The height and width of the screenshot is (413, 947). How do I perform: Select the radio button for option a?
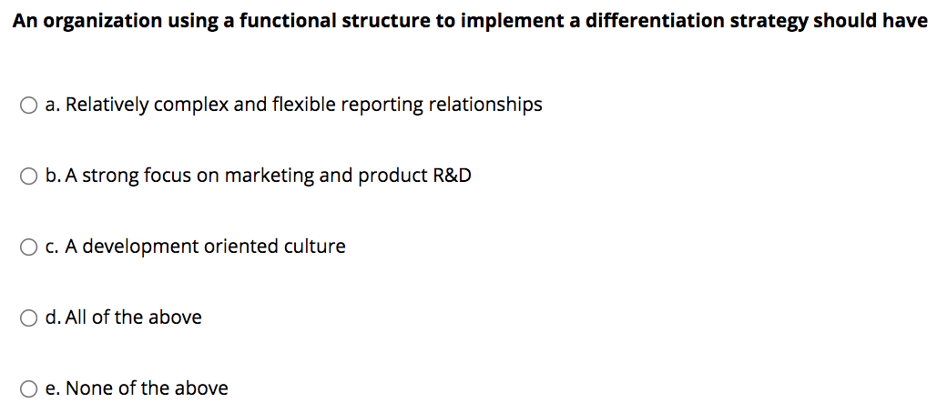[x=29, y=106]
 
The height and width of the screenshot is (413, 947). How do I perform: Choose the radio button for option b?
[x=29, y=176]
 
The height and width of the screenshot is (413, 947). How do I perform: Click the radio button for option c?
[x=29, y=247]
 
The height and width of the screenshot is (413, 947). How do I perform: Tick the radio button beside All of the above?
[x=29, y=318]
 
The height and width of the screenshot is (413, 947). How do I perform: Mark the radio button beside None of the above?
[x=29, y=389]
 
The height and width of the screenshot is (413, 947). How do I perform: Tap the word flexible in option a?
[x=305, y=105]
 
